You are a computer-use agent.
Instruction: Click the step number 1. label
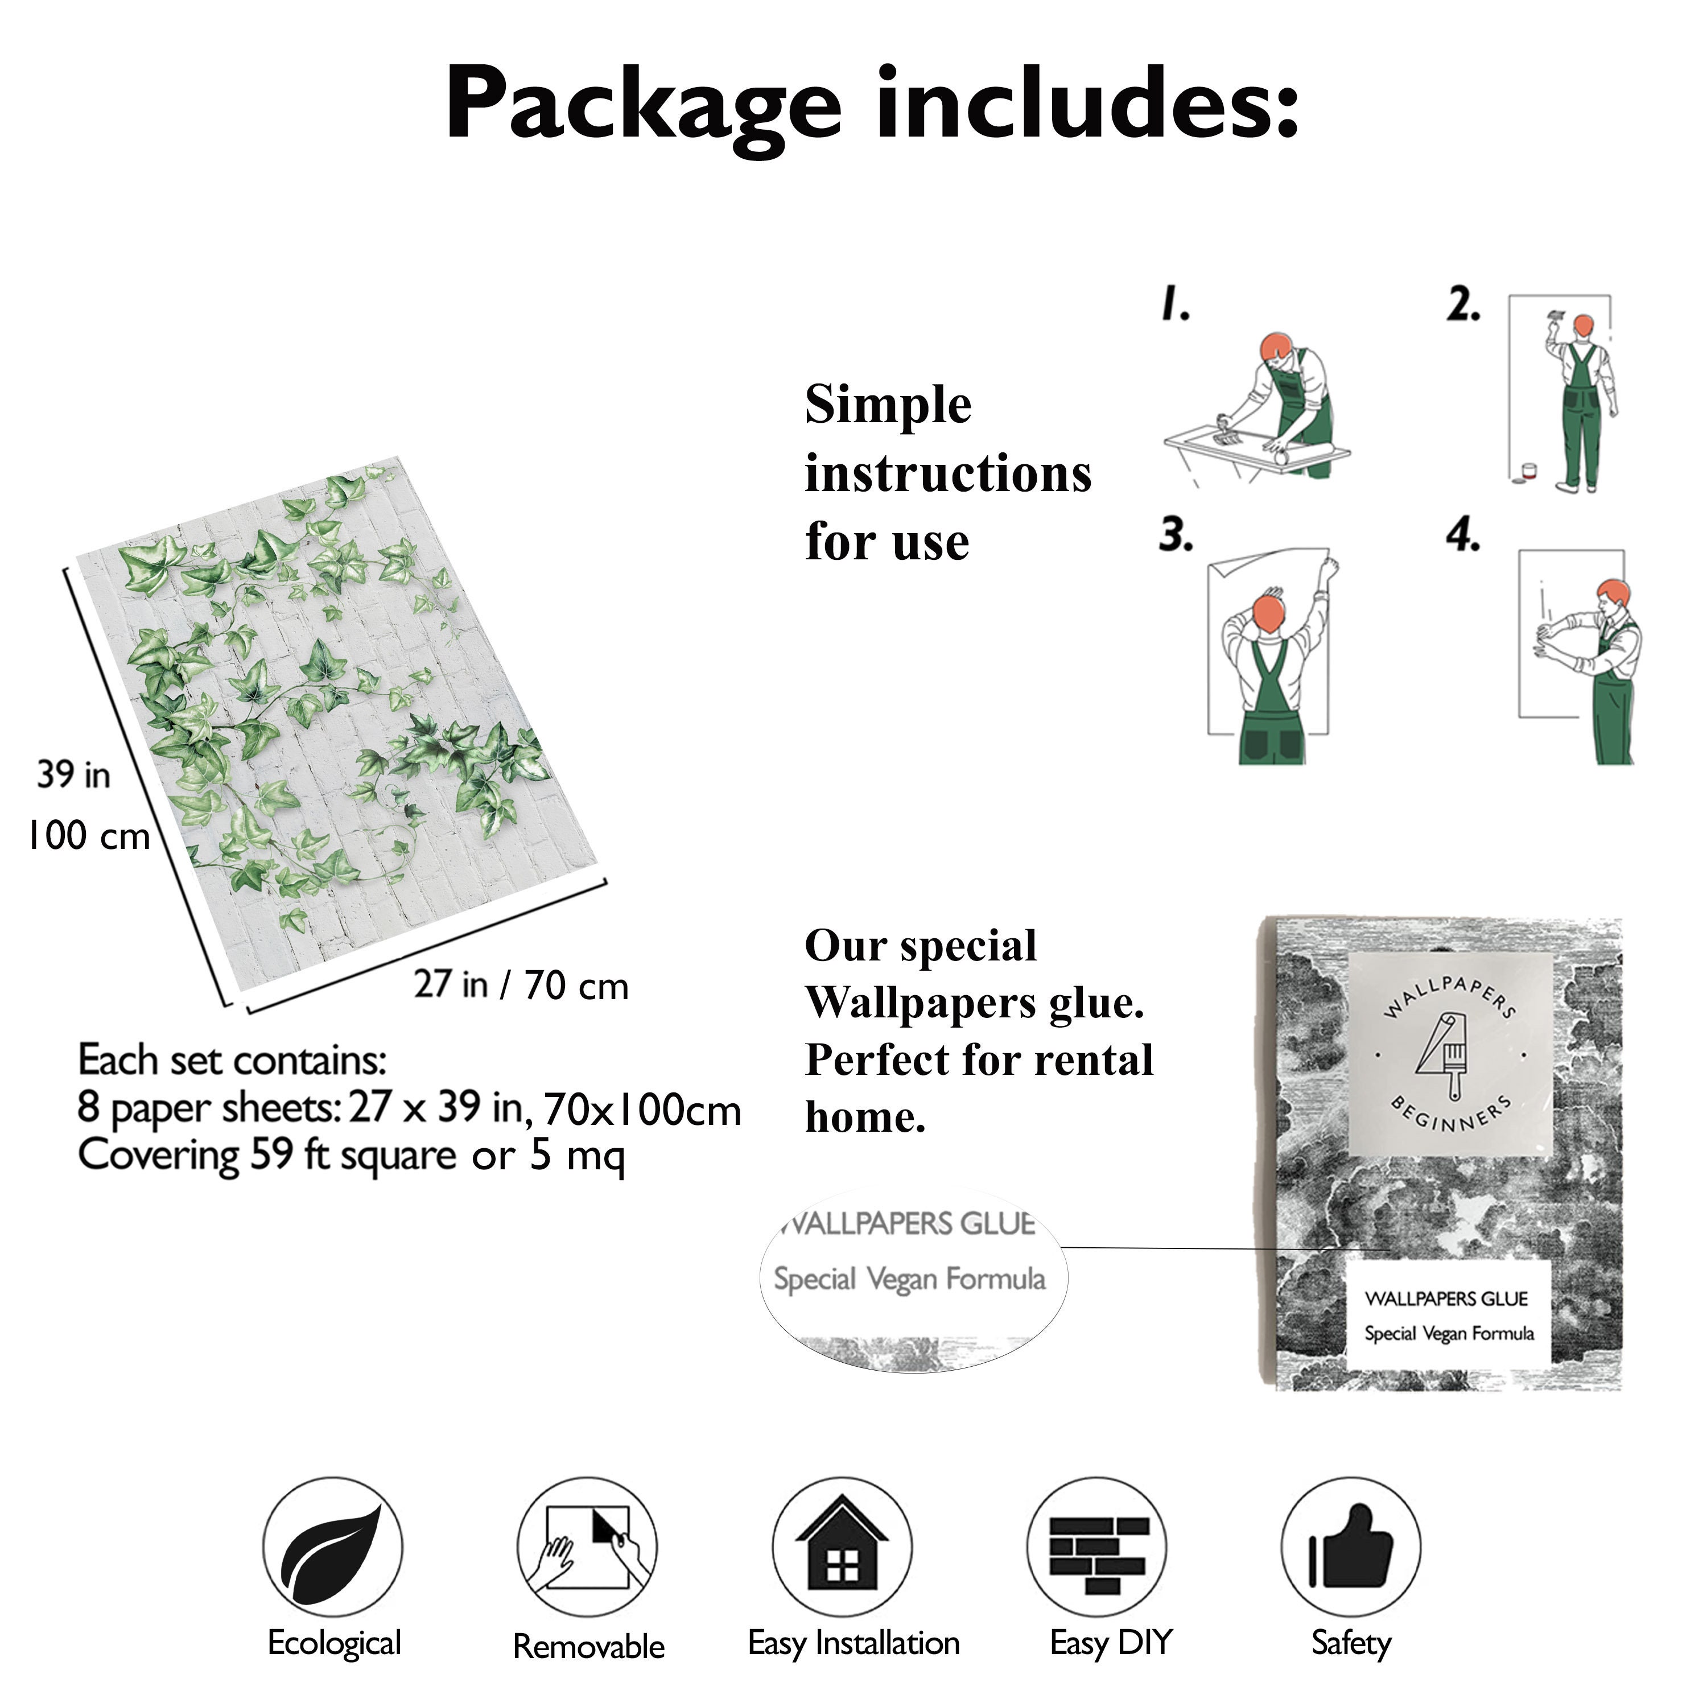tap(1176, 304)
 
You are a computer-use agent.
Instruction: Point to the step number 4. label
tap(1464, 534)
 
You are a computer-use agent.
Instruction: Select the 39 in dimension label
tap(73, 775)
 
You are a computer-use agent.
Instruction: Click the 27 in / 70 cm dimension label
tap(521, 985)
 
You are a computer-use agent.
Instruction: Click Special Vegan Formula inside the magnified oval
tap(909, 1279)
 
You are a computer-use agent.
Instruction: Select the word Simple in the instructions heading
tap(888, 406)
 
